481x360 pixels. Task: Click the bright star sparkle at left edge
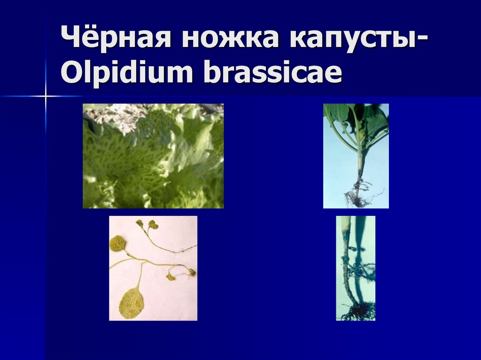[x=46, y=96]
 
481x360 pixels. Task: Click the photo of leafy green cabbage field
[x=153, y=160]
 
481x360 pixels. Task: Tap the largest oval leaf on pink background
[x=132, y=303]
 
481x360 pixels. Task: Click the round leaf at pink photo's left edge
[x=117, y=243]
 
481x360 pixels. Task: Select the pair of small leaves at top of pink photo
[x=147, y=224]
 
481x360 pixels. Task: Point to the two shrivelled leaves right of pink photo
[x=181, y=274]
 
